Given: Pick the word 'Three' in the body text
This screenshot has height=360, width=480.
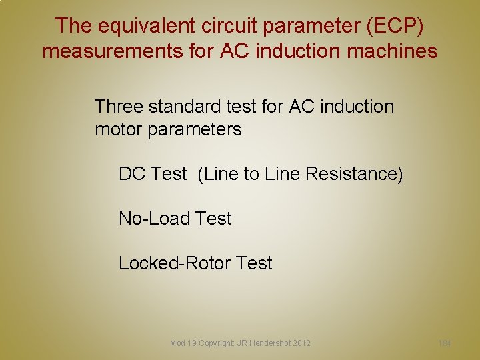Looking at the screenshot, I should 119,106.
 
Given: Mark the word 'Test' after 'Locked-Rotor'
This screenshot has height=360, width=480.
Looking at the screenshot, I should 254,263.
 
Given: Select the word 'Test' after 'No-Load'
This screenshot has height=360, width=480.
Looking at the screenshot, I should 213,219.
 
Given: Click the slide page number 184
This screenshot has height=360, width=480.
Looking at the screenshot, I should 445,343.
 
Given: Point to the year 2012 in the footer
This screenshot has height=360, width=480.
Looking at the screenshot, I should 301,343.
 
